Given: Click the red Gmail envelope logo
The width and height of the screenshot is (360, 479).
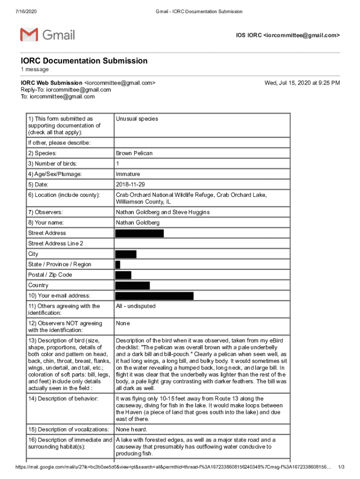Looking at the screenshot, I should click(x=29, y=35).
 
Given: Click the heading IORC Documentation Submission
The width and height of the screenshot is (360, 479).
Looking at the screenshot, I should click(x=84, y=61).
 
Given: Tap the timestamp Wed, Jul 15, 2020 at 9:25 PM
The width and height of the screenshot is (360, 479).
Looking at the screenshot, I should click(x=302, y=83).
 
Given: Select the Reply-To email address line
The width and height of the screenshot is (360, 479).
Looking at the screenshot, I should click(x=69, y=90).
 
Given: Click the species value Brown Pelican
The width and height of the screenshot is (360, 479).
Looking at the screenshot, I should click(x=134, y=153).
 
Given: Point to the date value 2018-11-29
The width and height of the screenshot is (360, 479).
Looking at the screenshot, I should click(x=130, y=184).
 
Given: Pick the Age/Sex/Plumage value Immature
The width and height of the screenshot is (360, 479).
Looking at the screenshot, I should click(x=129, y=174).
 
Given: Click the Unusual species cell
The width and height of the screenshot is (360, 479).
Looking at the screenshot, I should click(x=137, y=119).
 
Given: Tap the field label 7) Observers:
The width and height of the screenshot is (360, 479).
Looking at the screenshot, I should click(x=46, y=212).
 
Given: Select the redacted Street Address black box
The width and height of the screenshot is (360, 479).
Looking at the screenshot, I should click(x=139, y=233).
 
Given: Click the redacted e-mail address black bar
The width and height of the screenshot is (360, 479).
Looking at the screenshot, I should click(x=154, y=296).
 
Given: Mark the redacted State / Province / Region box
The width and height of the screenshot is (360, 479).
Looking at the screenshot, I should click(x=118, y=264).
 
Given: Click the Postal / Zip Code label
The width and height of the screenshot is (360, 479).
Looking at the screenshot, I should click(x=50, y=275).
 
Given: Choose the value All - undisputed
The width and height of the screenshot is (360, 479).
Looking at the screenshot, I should click(x=136, y=306).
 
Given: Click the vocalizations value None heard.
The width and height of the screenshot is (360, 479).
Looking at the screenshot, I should click(x=131, y=429).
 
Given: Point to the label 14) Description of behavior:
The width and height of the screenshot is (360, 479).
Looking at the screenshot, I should click(x=63, y=399).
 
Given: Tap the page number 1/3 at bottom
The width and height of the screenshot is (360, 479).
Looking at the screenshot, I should click(x=341, y=467).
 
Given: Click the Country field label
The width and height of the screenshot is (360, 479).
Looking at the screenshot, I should click(x=38, y=285).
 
